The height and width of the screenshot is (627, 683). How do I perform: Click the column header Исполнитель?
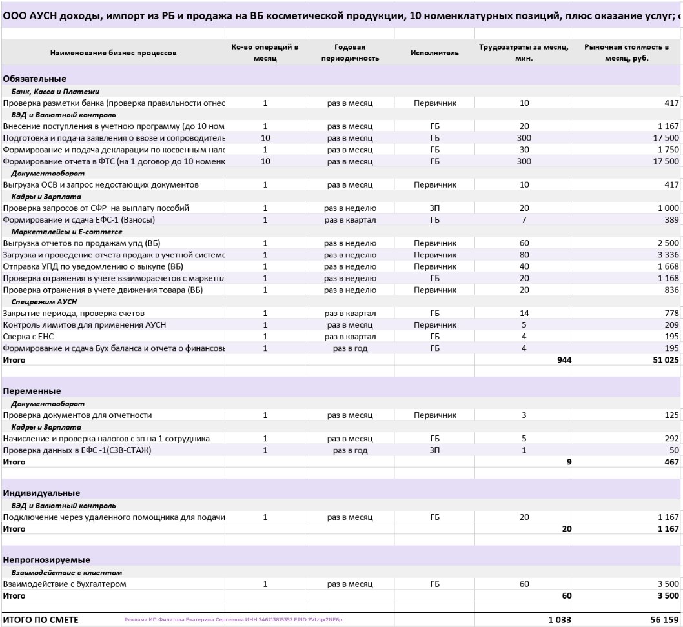pyautogui.click(x=434, y=53)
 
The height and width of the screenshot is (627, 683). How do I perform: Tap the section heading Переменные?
pyautogui.click(x=32, y=391)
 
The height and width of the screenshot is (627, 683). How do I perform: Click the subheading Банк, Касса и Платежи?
pyautogui.click(x=55, y=92)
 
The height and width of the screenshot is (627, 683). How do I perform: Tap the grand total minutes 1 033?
pyautogui.click(x=560, y=619)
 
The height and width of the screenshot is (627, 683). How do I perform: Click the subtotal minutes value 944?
pyautogui.click(x=564, y=360)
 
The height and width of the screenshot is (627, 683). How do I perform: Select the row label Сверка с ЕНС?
pyautogui.click(x=32, y=337)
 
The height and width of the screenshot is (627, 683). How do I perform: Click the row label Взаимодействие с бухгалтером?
pyautogui.click(x=65, y=584)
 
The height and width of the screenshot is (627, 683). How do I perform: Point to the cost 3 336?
pyautogui.click(x=668, y=255)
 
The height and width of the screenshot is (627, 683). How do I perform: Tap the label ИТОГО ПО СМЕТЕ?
pyautogui.click(x=41, y=619)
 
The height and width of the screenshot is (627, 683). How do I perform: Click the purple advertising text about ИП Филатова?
pyautogui.click(x=232, y=619)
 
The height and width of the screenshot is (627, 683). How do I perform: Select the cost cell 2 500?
pyautogui.click(x=668, y=243)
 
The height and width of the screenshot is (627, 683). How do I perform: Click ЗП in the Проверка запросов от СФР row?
pyautogui.click(x=434, y=208)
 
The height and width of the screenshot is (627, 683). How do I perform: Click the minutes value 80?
pyautogui.click(x=524, y=255)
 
